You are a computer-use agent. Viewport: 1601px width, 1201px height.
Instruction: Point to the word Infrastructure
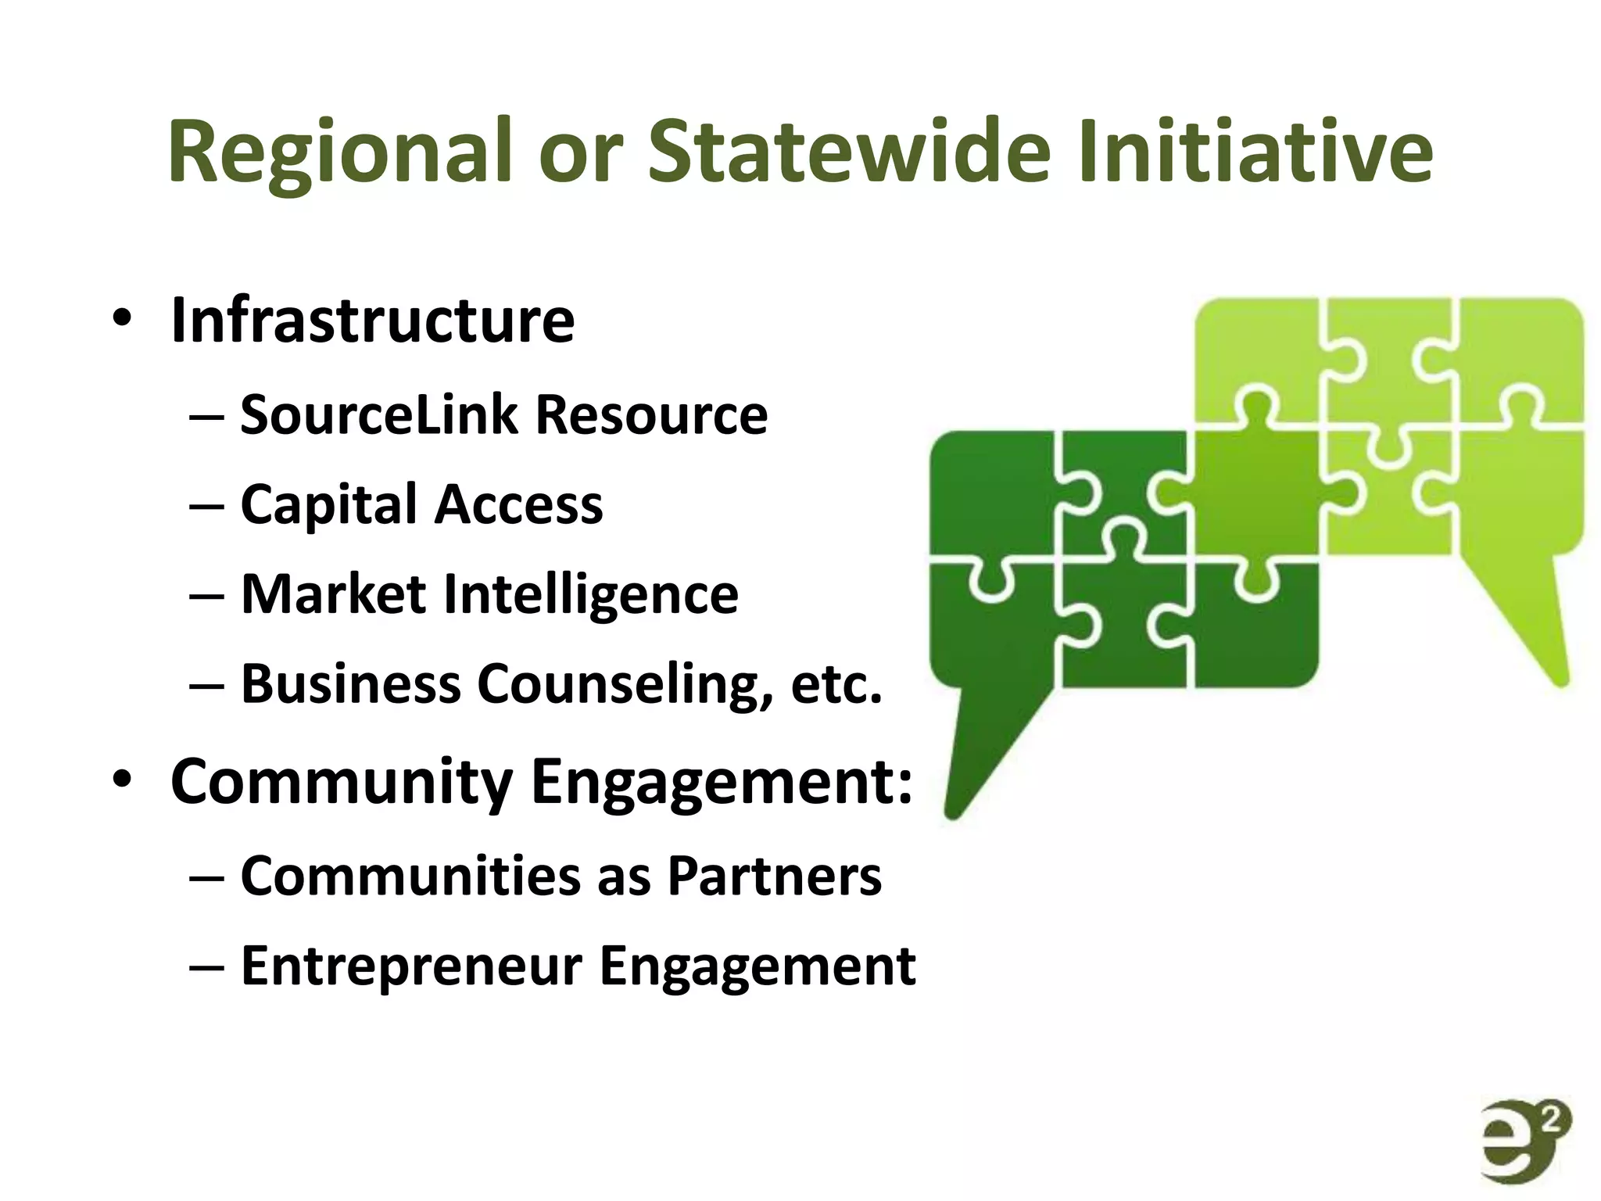[x=373, y=320]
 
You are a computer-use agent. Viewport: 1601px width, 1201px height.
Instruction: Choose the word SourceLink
[x=378, y=414]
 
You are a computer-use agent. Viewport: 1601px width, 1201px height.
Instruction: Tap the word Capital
[x=328, y=504]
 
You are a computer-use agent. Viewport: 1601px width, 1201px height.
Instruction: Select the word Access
[x=519, y=504]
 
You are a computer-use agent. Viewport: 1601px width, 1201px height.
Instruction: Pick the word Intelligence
[x=590, y=594]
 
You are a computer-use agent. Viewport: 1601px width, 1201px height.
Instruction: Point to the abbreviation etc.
[x=836, y=684]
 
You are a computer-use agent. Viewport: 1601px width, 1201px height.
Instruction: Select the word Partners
[x=774, y=876]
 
